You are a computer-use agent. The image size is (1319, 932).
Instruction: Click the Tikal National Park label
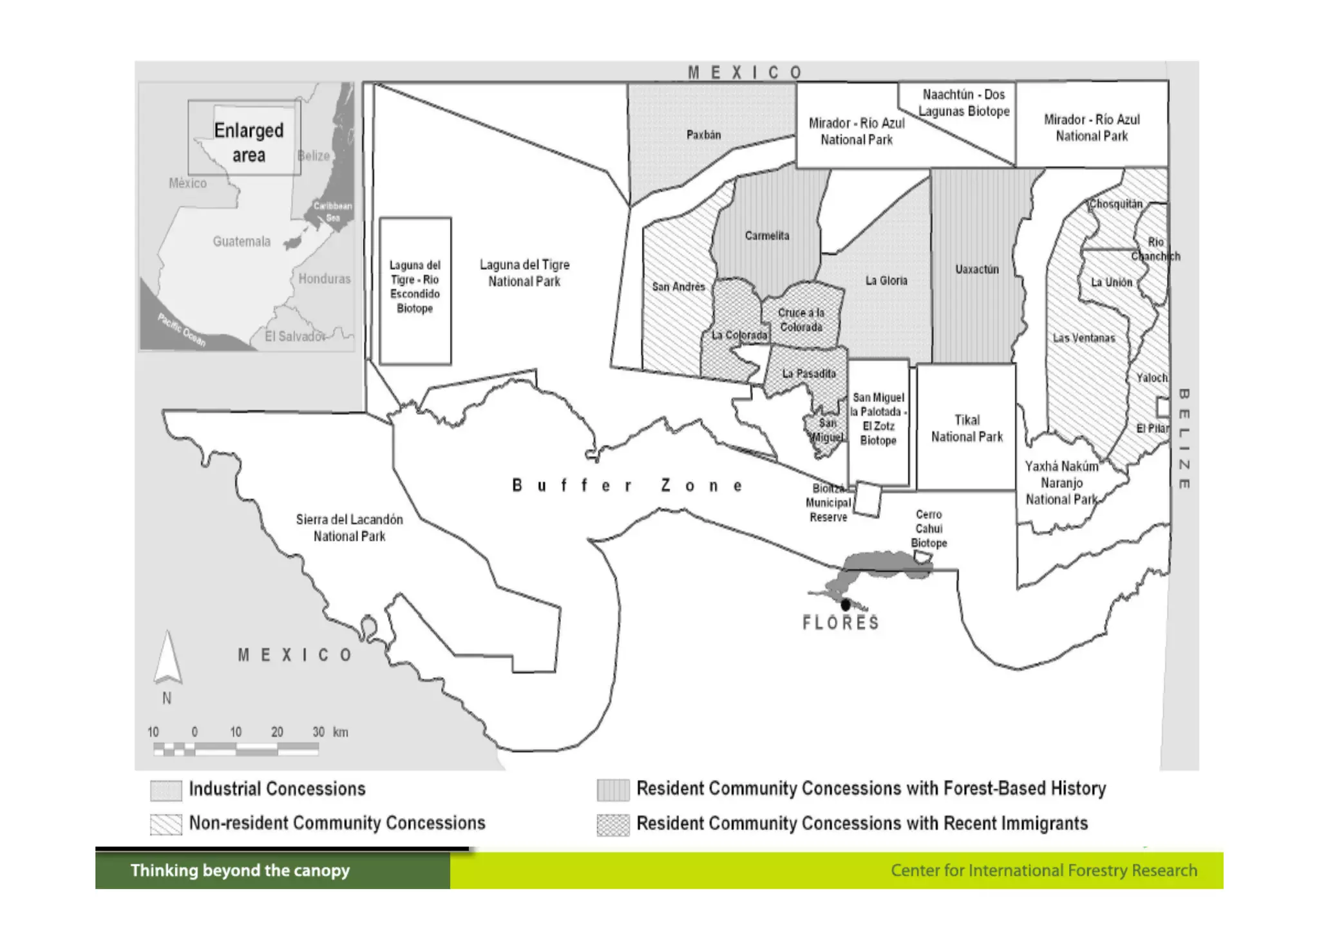[x=967, y=428]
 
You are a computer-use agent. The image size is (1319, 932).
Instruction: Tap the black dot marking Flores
[x=845, y=604]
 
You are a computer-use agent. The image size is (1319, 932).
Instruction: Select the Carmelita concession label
[x=766, y=236]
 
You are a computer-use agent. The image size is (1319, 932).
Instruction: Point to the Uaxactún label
[x=976, y=269]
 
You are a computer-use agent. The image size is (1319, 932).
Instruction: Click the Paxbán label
[x=703, y=135]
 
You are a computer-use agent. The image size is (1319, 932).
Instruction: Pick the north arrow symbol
[x=167, y=658]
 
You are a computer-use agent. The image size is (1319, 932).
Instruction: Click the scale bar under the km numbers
[x=236, y=748]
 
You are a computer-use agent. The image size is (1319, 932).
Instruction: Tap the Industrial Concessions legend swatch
[x=166, y=790]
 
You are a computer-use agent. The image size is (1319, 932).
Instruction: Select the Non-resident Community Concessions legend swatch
[x=166, y=824]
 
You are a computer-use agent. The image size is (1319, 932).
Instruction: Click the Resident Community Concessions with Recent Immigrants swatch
[x=612, y=824]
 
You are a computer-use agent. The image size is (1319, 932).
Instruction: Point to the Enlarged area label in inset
[x=249, y=142]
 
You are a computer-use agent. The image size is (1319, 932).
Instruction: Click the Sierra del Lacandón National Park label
[x=349, y=528]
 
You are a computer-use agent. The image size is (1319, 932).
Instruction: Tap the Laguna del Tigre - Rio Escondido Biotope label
[x=415, y=287]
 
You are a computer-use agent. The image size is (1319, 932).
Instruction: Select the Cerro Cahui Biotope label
[x=929, y=528]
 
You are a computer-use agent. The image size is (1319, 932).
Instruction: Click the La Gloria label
[x=886, y=280]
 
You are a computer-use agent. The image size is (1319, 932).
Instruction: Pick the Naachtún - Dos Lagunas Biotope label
[x=963, y=103]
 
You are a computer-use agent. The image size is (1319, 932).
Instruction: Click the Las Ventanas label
[x=1083, y=338]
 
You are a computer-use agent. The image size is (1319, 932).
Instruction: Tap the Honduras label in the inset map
[x=324, y=279]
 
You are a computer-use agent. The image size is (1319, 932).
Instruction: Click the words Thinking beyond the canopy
[x=240, y=871]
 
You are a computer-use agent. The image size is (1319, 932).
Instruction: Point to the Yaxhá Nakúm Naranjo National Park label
[x=1061, y=482]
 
